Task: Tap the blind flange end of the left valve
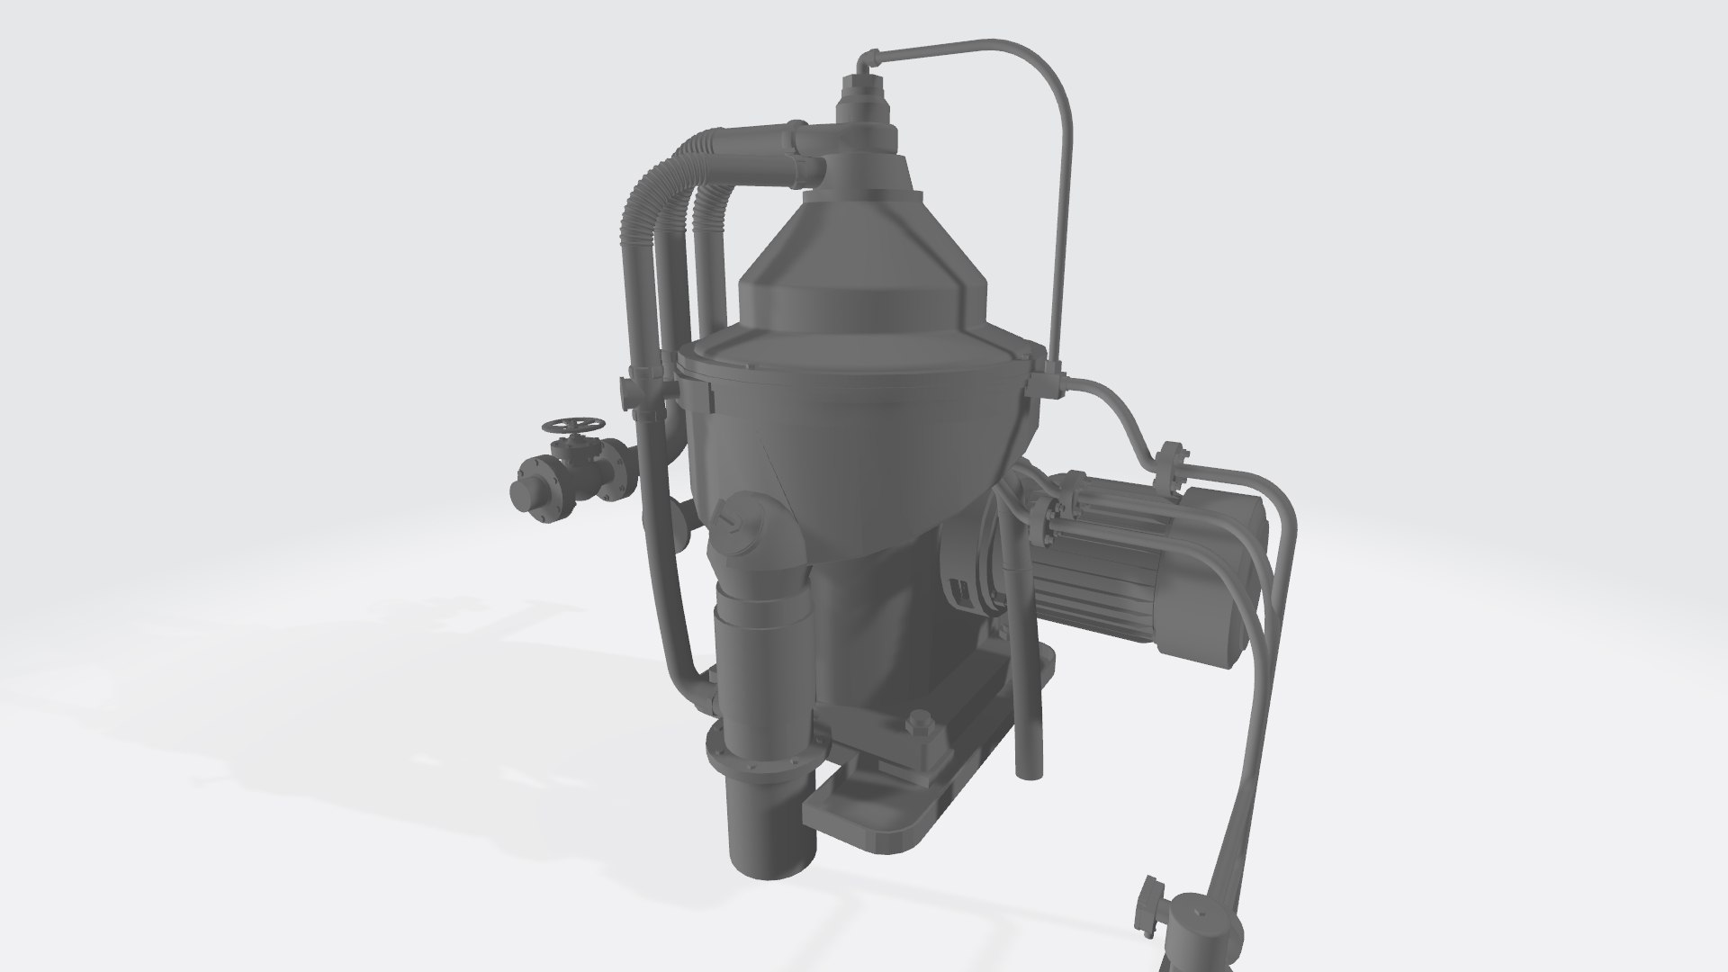[522, 492]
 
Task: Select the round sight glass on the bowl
[736, 524]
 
